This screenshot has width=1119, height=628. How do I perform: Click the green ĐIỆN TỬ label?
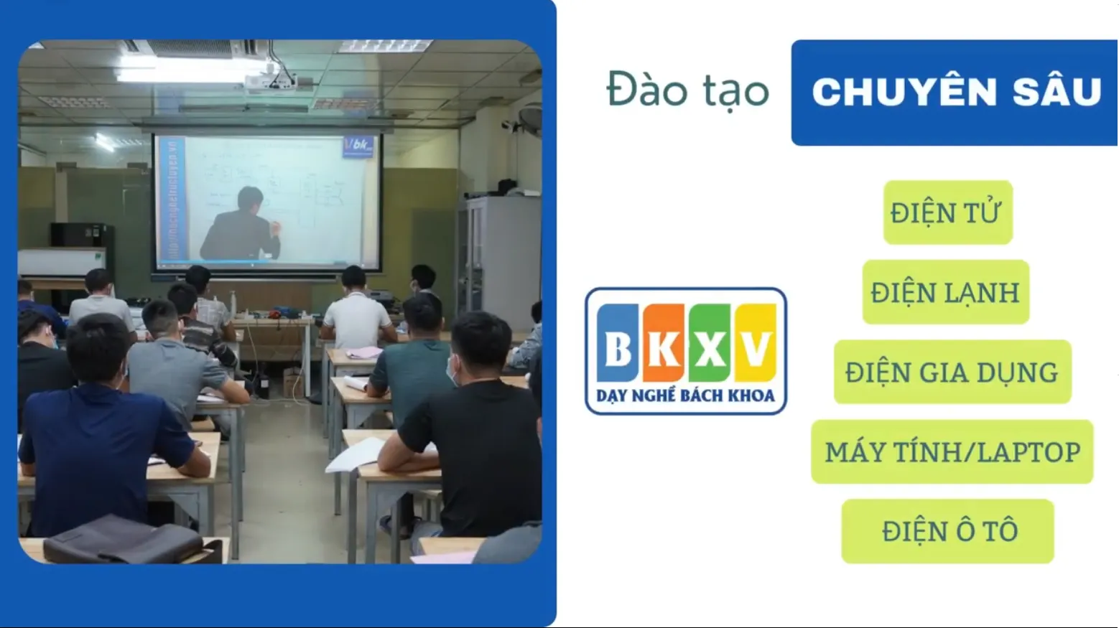tap(947, 212)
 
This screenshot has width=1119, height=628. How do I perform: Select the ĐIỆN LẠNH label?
tap(945, 292)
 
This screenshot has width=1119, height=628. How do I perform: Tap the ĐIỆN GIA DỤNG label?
tap(952, 372)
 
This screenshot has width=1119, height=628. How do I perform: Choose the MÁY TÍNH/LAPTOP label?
tap(952, 451)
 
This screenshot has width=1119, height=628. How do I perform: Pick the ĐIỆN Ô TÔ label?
tap(947, 531)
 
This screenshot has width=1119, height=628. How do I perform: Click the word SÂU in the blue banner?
tap(1056, 93)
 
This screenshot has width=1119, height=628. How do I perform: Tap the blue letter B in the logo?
tap(617, 345)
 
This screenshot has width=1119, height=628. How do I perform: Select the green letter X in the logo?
tap(710, 345)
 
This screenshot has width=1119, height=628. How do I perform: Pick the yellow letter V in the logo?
tap(756, 345)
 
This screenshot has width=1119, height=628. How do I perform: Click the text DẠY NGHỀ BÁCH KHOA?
tap(685, 395)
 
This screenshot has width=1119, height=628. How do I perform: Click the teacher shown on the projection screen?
tap(241, 225)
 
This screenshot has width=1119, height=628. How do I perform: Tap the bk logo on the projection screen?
tap(358, 146)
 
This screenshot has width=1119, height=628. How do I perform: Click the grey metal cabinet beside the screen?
tap(499, 258)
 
